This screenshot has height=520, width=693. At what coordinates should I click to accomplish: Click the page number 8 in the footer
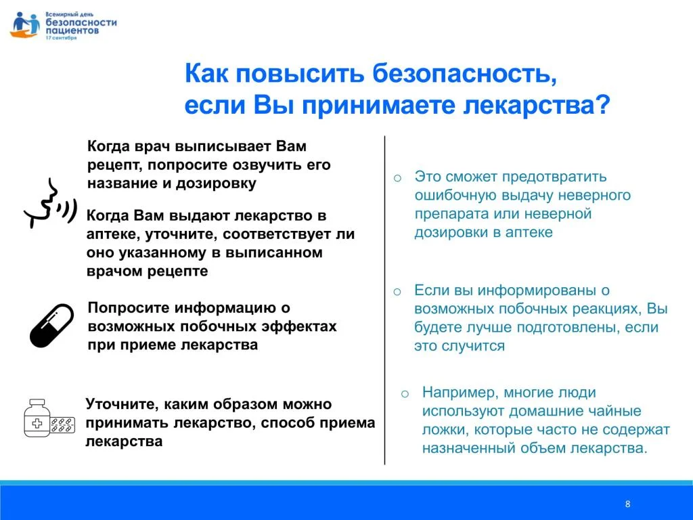pos(627,504)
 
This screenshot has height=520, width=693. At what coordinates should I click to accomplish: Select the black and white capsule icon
pos(51,326)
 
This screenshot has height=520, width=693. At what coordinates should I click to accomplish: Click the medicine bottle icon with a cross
pos(37,418)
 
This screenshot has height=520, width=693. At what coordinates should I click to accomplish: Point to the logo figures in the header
pos(25,25)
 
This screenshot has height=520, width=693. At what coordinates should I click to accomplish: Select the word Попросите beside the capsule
pos(129,308)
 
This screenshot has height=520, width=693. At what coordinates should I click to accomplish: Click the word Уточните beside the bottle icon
pos(121,404)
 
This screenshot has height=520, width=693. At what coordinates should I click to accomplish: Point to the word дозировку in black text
pos(216,183)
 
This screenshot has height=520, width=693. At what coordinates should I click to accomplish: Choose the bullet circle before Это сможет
pos(397,178)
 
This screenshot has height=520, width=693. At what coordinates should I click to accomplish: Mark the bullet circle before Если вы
pos(397,292)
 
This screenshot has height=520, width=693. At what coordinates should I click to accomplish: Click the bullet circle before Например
pos(405,393)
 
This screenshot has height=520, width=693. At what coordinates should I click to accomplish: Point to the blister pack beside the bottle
pos(62,424)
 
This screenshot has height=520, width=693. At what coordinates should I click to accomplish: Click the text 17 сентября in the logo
pos(61,38)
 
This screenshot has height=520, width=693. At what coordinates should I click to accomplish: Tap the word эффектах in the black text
pos(299,326)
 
